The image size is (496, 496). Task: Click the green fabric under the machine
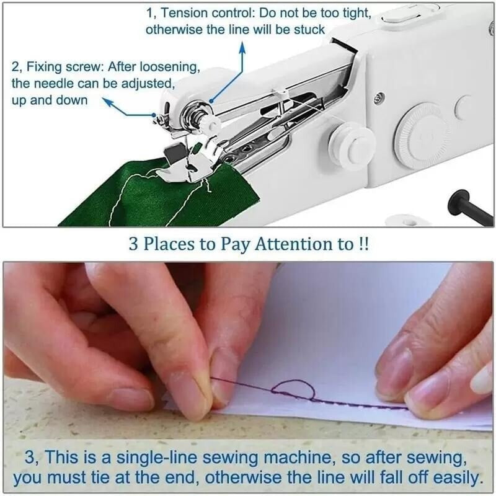(124, 198)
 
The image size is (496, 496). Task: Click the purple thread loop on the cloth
(294, 390)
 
